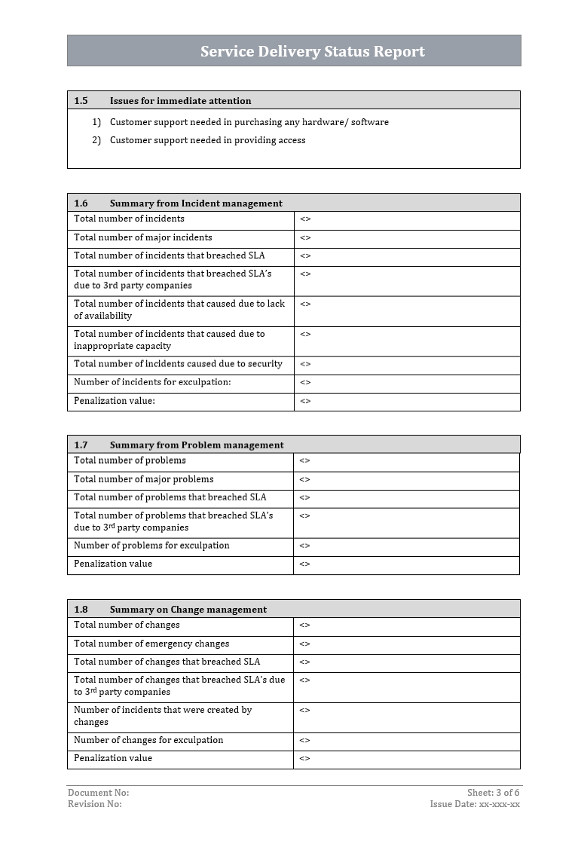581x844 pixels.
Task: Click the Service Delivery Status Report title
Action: point(312,51)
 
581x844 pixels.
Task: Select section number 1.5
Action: point(81,100)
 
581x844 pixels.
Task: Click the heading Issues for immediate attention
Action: point(180,100)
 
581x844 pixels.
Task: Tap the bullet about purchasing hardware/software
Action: point(249,122)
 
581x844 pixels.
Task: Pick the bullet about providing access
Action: point(207,140)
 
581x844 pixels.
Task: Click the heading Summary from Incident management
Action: point(196,203)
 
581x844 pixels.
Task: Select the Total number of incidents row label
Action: point(129,219)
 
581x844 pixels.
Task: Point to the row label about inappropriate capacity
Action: point(169,340)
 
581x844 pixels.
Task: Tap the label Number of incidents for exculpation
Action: point(152,383)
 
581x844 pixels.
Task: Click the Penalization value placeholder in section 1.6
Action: point(305,402)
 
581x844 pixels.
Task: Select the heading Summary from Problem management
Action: point(197,445)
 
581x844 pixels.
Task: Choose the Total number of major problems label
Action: point(143,479)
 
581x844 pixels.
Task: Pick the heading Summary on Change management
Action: point(188,609)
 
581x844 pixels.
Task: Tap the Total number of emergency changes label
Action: point(151,644)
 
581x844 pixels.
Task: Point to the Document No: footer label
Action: point(98,793)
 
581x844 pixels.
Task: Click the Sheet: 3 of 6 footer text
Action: point(493,793)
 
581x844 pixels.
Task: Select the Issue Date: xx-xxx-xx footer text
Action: point(475,804)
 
